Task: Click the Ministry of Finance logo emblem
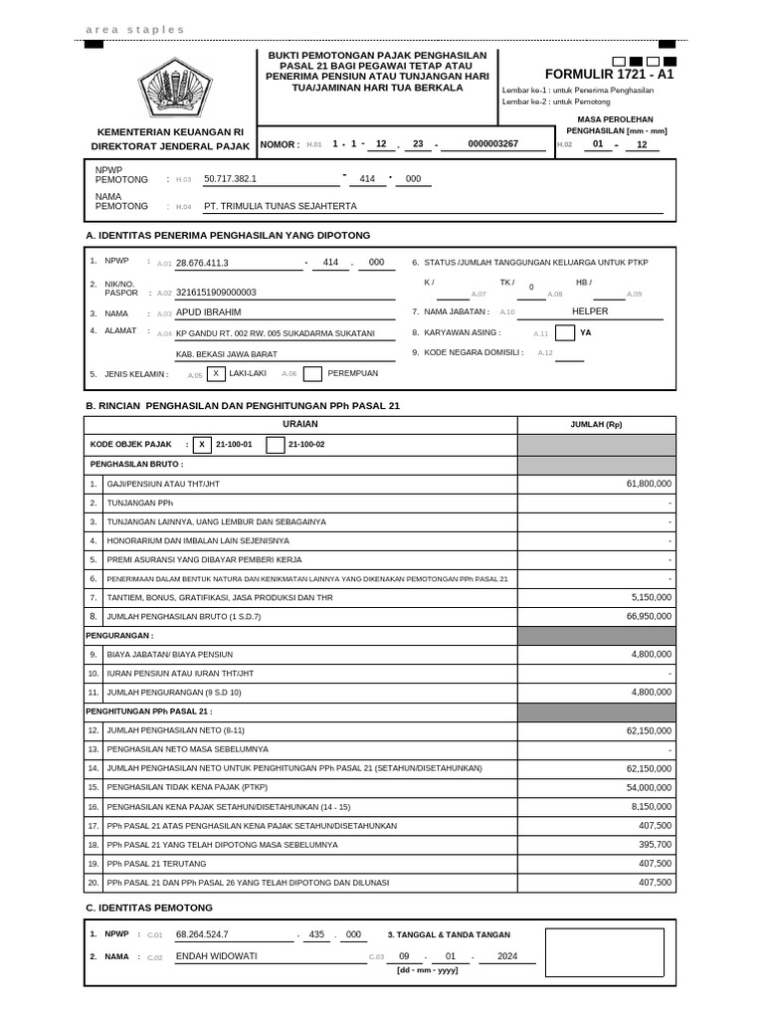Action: click(174, 90)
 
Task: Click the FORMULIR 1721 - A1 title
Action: click(610, 75)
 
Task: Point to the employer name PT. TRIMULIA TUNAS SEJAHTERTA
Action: click(280, 207)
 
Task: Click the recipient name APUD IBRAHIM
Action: click(209, 311)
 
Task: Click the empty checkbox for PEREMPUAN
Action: click(312, 374)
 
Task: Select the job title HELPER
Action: click(590, 311)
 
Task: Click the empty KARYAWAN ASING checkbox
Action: click(565, 333)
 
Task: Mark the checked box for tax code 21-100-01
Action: click(203, 445)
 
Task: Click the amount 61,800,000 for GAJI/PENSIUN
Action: click(649, 484)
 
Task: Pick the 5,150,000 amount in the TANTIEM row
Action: click(652, 597)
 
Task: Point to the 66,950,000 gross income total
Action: click(649, 617)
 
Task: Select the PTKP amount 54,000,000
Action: click(649, 787)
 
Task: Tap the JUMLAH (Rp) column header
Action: click(596, 425)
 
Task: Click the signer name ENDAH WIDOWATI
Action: click(216, 956)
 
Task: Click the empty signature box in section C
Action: click(605, 952)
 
